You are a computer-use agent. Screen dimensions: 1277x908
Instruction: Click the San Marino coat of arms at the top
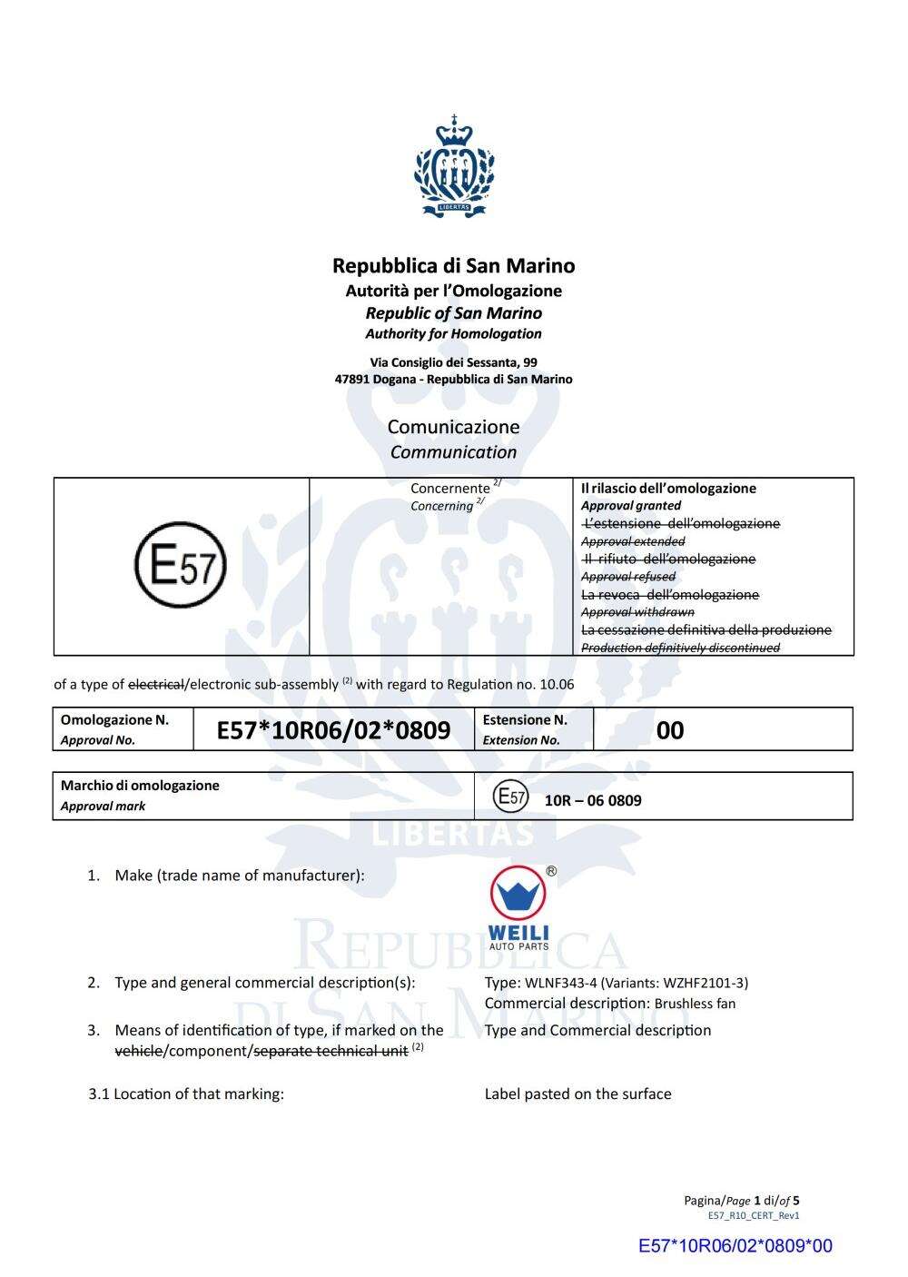tap(454, 166)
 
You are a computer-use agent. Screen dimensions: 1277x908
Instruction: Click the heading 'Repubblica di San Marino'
tap(453, 266)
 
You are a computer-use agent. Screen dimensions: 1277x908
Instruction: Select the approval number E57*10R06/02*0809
tap(333, 730)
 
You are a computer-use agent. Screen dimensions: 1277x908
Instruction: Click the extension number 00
tap(669, 730)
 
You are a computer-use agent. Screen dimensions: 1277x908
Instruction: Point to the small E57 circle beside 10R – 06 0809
tap(510, 798)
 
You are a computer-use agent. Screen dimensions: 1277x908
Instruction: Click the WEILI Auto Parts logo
tap(518, 907)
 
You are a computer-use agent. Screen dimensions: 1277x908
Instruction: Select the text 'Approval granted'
tap(630, 506)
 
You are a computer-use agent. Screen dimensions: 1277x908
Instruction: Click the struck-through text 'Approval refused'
tap(628, 577)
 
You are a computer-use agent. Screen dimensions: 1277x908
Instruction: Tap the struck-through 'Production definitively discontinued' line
tap(680, 648)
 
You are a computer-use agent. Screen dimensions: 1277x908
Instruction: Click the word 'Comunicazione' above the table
tap(453, 427)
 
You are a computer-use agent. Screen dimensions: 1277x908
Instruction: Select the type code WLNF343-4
tap(560, 983)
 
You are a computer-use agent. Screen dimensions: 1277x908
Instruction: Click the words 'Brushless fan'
tap(695, 1004)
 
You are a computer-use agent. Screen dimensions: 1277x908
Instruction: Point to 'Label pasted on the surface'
tap(577, 1094)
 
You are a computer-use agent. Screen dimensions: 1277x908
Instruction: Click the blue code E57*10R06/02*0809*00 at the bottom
tap(735, 1246)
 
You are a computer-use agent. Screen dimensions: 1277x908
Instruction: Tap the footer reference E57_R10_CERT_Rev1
tap(754, 1215)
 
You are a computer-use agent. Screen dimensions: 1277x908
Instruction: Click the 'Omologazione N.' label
tap(114, 720)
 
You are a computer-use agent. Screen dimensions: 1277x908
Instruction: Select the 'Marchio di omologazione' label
tap(140, 786)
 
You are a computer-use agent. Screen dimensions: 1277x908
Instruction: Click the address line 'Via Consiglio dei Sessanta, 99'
tap(453, 362)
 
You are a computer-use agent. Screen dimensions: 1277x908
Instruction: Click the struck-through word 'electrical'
tap(156, 684)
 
